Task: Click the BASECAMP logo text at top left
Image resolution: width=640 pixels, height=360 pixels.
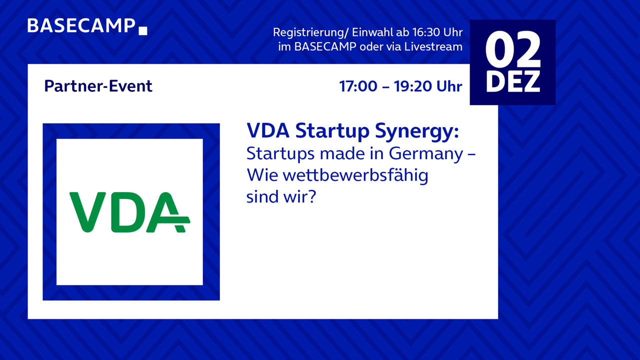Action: (81, 25)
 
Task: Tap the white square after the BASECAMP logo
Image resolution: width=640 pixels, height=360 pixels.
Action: (143, 31)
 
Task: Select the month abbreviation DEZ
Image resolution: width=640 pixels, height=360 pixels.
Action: (513, 82)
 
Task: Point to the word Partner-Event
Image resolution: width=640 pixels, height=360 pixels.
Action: (98, 86)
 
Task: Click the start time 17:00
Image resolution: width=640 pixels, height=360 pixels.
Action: (358, 86)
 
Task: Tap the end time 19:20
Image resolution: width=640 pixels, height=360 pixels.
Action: (413, 86)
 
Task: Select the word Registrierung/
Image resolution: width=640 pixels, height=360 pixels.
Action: (311, 32)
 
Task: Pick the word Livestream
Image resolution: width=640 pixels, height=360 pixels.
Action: (433, 46)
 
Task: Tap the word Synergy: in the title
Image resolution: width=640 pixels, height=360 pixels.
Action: (417, 131)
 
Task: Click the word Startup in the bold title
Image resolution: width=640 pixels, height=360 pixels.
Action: (332, 131)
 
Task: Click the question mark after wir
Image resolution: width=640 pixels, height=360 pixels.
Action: (312, 196)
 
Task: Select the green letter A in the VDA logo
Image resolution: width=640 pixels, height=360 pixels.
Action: (167, 212)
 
